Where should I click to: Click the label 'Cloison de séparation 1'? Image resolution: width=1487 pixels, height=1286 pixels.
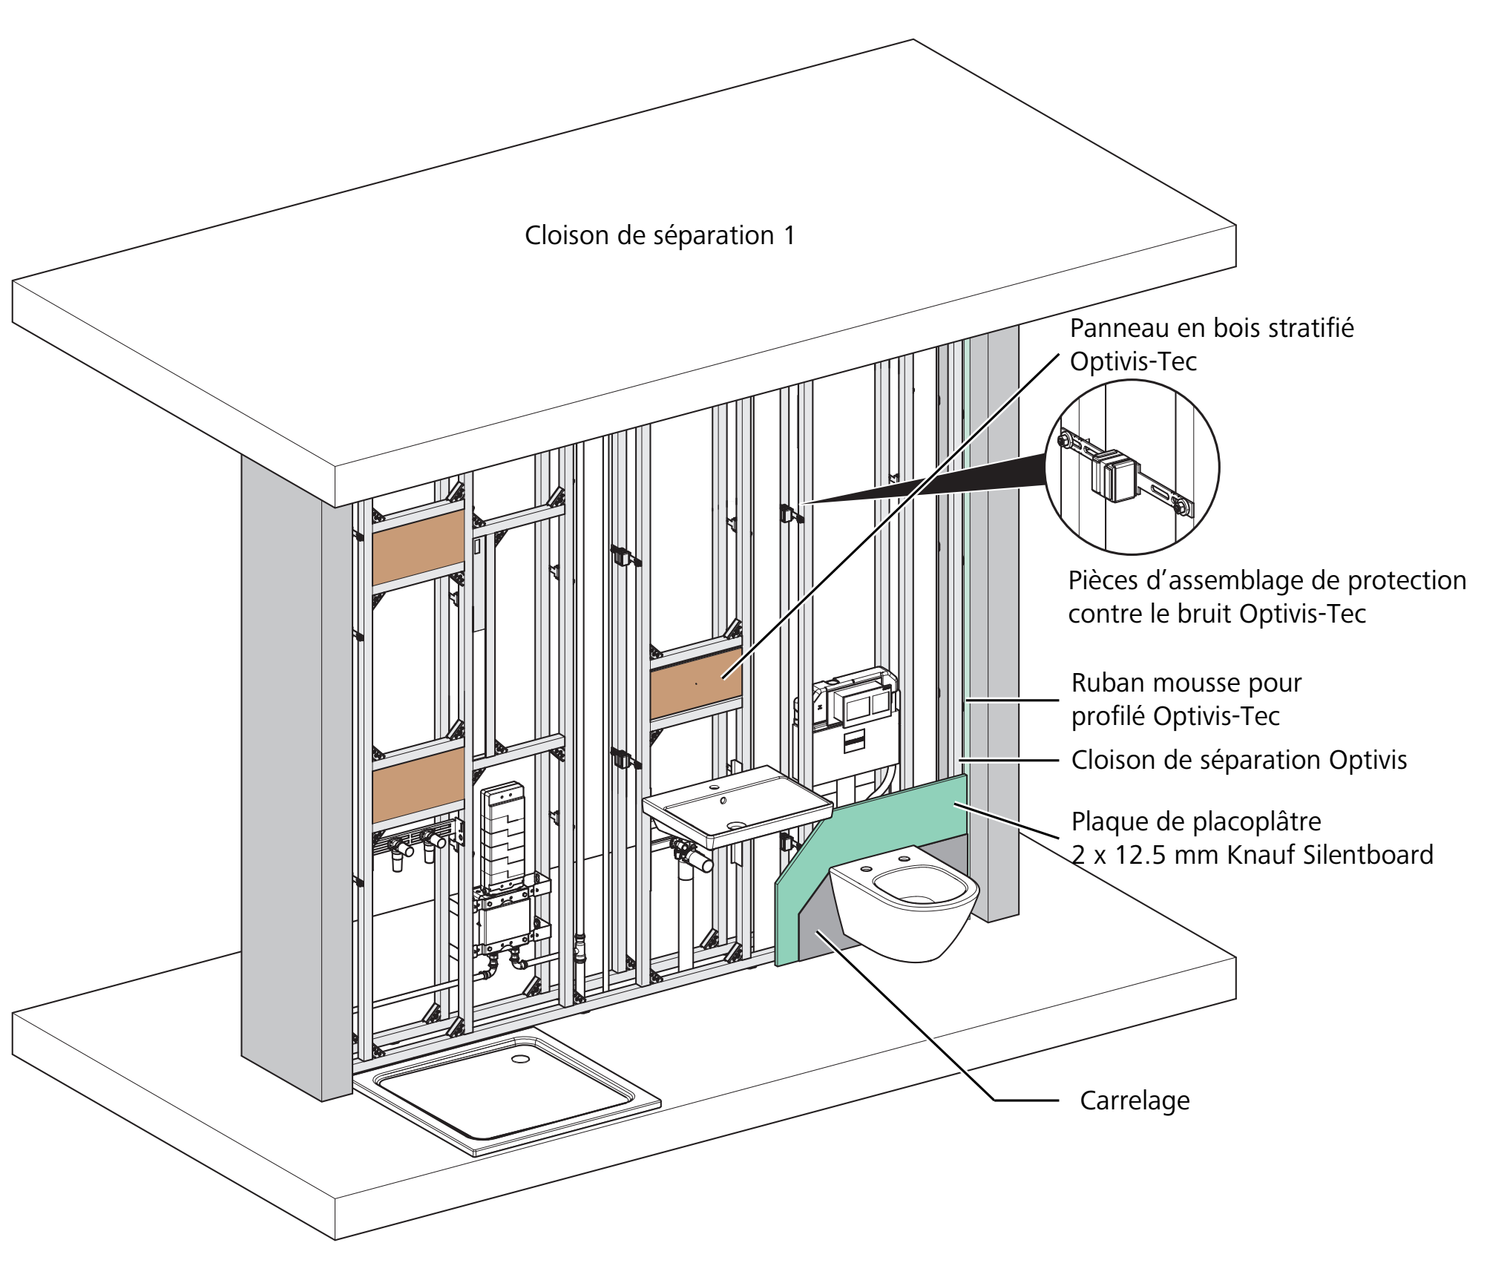click(x=660, y=236)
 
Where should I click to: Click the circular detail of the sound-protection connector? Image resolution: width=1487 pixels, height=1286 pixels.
click(x=1132, y=467)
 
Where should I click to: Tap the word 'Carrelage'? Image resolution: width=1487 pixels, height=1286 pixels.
click(x=1135, y=1100)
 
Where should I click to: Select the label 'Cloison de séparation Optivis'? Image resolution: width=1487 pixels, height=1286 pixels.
click(x=1239, y=760)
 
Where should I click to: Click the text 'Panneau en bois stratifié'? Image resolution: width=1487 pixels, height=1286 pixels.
click(x=1212, y=328)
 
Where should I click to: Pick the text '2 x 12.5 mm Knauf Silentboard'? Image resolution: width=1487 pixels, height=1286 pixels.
click(x=1253, y=855)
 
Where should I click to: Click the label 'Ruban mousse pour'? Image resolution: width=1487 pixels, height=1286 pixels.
click(x=1186, y=683)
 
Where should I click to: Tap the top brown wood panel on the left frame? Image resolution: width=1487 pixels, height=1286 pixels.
click(x=418, y=546)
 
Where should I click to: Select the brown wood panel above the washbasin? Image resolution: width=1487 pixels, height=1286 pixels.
click(x=696, y=683)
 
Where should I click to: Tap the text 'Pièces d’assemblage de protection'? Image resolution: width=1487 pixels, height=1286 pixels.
click(x=1267, y=580)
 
